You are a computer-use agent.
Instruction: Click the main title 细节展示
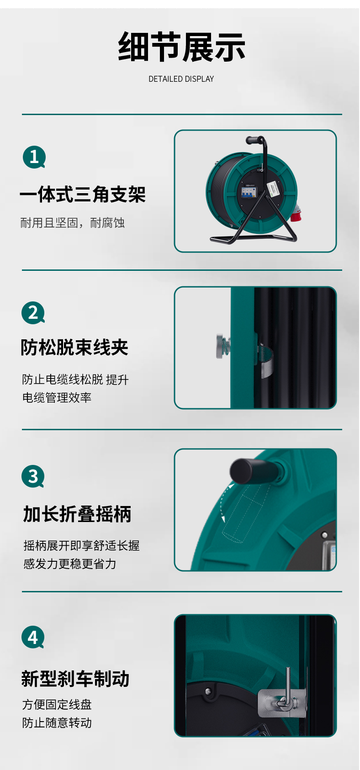(181, 47)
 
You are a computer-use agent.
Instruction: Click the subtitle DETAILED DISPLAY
(181, 79)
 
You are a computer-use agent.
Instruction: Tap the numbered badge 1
(34, 157)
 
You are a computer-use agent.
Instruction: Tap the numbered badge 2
(33, 313)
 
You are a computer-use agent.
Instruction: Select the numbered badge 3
(33, 476)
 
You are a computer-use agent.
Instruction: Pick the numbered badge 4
(33, 637)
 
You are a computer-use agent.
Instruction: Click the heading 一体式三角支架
(83, 194)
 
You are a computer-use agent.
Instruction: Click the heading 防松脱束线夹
(74, 347)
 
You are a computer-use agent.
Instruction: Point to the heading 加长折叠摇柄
(77, 514)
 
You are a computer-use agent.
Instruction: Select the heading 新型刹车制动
(75, 679)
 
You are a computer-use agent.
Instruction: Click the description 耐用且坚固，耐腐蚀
(73, 223)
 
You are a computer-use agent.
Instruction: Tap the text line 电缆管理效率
(57, 398)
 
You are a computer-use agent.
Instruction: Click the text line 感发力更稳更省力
(70, 564)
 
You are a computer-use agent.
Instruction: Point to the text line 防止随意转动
(57, 723)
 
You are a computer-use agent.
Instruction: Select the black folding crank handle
(256, 469)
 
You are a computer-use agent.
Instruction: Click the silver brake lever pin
(288, 688)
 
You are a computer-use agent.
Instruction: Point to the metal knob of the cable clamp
(221, 346)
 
